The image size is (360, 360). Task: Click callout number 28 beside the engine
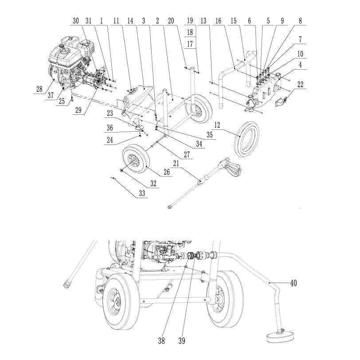click(x=39, y=89)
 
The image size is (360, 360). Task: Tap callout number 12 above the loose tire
click(x=217, y=125)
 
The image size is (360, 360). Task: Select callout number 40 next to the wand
click(x=293, y=283)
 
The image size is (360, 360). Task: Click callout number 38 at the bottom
click(x=161, y=341)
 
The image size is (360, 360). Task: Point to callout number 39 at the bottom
click(x=182, y=341)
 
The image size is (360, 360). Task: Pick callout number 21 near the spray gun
click(x=176, y=164)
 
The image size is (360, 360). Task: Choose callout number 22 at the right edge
click(x=300, y=85)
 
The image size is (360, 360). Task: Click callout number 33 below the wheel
click(x=142, y=193)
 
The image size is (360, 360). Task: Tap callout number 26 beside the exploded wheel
click(x=166, y=172)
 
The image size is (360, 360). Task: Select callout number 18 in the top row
click(x=190, y=32)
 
